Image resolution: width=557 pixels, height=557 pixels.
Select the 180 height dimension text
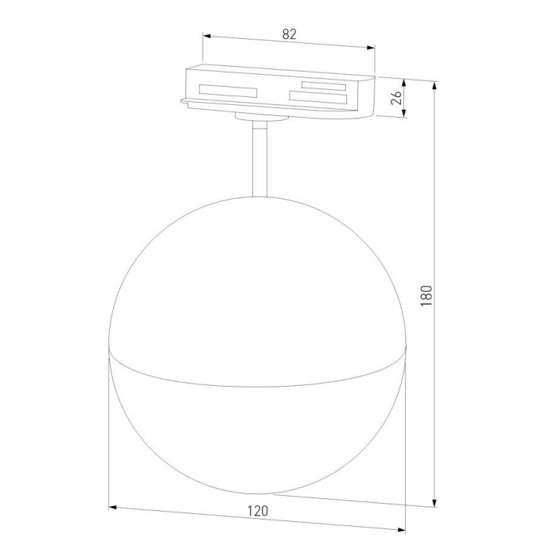pos(427,295)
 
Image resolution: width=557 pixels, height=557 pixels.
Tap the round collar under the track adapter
pos(259,116)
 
